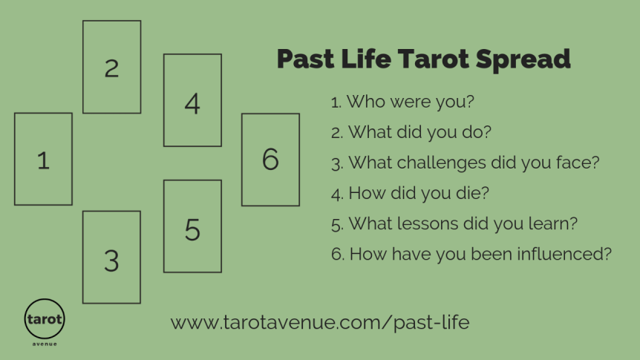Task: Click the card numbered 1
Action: pos(43,159)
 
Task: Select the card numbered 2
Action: pos(111,67)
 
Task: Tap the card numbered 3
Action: pos(111,258)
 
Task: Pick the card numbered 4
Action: pos(192,100)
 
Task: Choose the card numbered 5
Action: pos(192,226)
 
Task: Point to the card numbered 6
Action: pos(270,160)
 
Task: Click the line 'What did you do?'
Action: pos(411,132)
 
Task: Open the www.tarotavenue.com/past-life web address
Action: pos(320,323)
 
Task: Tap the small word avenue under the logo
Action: pos(45,344)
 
